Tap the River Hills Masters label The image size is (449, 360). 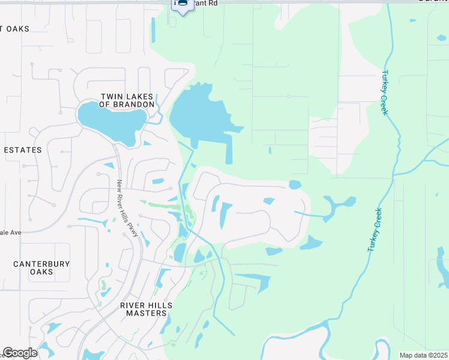pyautogui.click(x=146, y=310)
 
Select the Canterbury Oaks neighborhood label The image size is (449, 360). pyautogui.click(x=41, y=268)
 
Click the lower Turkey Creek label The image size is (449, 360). pyautogui.click(x=373, y=230)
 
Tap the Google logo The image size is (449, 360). pyautogui.click(x=19, y=353)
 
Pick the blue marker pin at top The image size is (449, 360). pyautogui.click(x=181, y=5)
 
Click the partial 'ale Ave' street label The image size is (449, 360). pyautogui.click(x=10, y=232)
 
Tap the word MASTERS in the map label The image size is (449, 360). pyautogui.click(x=146, y=313)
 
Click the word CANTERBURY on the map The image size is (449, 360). pyautogui.click(x=41, y=264)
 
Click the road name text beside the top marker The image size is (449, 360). pyautogui.click(x=204, y=4)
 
